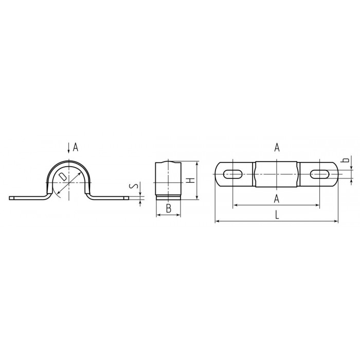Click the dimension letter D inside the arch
pos(62,177)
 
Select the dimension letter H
pos(191,180)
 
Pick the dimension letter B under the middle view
pos(169,208)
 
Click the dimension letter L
pos(277,215)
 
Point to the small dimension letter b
pos(347,160)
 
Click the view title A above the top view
pos(277,148)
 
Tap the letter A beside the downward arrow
pos(76,148)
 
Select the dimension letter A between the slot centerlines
pos(277,199)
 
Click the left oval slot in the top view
pos(233,174)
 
